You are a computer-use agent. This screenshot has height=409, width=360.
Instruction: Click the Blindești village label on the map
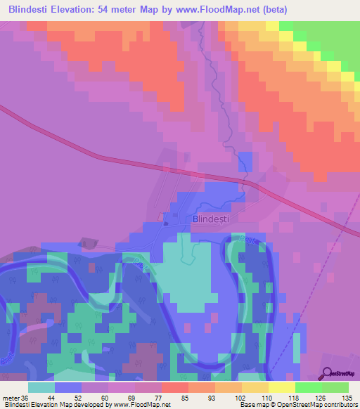(211, 219)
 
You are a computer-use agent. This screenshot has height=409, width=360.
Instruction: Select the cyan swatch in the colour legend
(41, 387)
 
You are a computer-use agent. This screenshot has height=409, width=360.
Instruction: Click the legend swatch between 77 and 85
(174, 387)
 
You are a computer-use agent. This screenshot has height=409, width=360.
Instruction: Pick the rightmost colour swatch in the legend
(335, 387)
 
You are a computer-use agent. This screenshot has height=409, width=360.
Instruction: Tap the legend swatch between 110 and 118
(281, 387)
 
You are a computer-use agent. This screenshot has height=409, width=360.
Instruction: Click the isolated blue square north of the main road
(245, 160)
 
